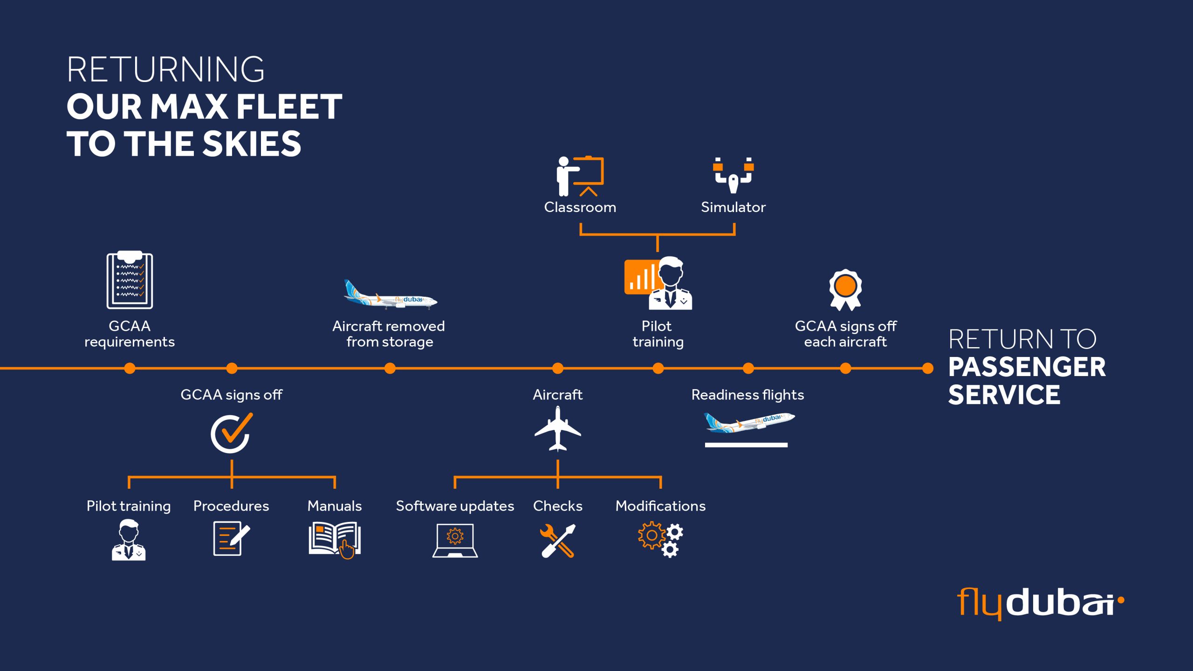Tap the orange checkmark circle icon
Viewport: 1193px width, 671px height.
(x=231, y=433)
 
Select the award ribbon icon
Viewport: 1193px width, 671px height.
(x=845, y=289)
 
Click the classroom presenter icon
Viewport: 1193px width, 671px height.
(x=580, y=176)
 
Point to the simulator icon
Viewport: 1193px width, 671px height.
(x=733, y=176)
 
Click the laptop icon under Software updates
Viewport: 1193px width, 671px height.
(x=455, y=541)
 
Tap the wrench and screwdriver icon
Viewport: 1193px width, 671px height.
(x=558, y=541)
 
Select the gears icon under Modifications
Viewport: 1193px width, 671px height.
(x=660, y=540)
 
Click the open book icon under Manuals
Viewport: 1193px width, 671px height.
(x=335, y=540)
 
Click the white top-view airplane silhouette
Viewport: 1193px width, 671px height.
(x=557, y=429)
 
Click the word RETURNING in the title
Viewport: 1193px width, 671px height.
(x=165, y=70)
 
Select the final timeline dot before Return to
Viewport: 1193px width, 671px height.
(x=927, y=369)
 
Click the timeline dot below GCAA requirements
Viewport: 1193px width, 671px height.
(x=130, y=369)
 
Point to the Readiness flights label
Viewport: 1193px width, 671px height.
(x=747, y=395)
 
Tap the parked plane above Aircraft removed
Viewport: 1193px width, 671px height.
(x=391, y=295)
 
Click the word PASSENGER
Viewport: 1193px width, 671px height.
(x=1027, y=367)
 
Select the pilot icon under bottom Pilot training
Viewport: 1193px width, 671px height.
(x=129, y=540)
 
